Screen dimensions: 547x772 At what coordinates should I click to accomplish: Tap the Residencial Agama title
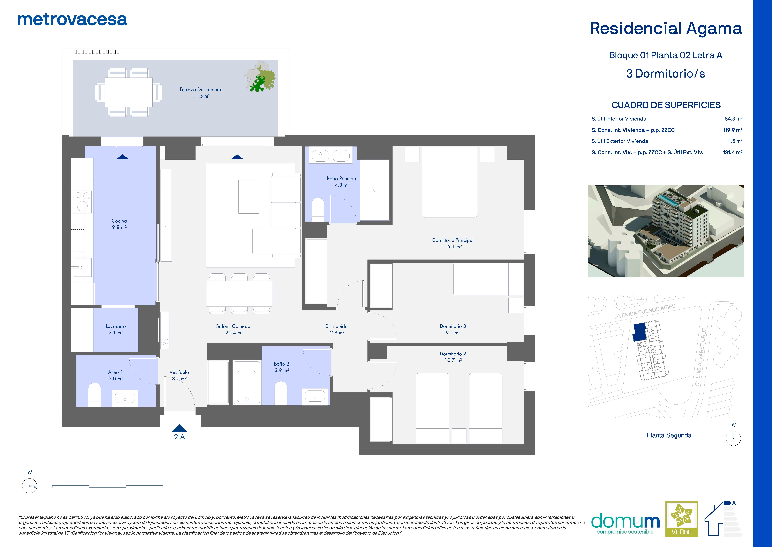point(666,29)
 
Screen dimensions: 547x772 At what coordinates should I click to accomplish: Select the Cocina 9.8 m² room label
point(119,224)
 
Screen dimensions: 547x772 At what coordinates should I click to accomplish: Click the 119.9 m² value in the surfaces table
point(732,130)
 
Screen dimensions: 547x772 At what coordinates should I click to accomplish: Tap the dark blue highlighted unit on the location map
point(639,332)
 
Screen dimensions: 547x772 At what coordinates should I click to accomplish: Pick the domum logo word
point(625,521)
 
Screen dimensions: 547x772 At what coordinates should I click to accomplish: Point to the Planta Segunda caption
point(669,435)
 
